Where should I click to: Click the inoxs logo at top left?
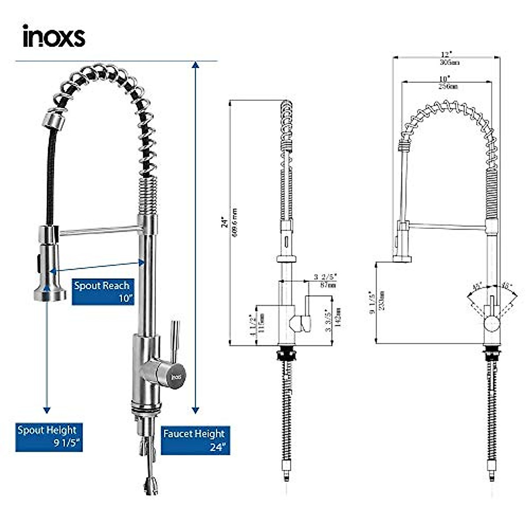click(x=54, y=36)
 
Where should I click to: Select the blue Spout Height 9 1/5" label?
click(x=49, y=437)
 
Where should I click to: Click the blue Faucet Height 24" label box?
click(x=196, y=440)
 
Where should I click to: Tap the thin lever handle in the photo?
click(x=175, y=339)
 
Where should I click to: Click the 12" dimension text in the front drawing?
click(x=447, y=54)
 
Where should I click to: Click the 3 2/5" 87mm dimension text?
click(x=325, y=281)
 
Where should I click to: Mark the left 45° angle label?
click(x=476, y=286)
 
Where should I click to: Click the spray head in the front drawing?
click(x=402, y=242)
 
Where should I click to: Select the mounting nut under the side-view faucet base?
click(x=286, y=353)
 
